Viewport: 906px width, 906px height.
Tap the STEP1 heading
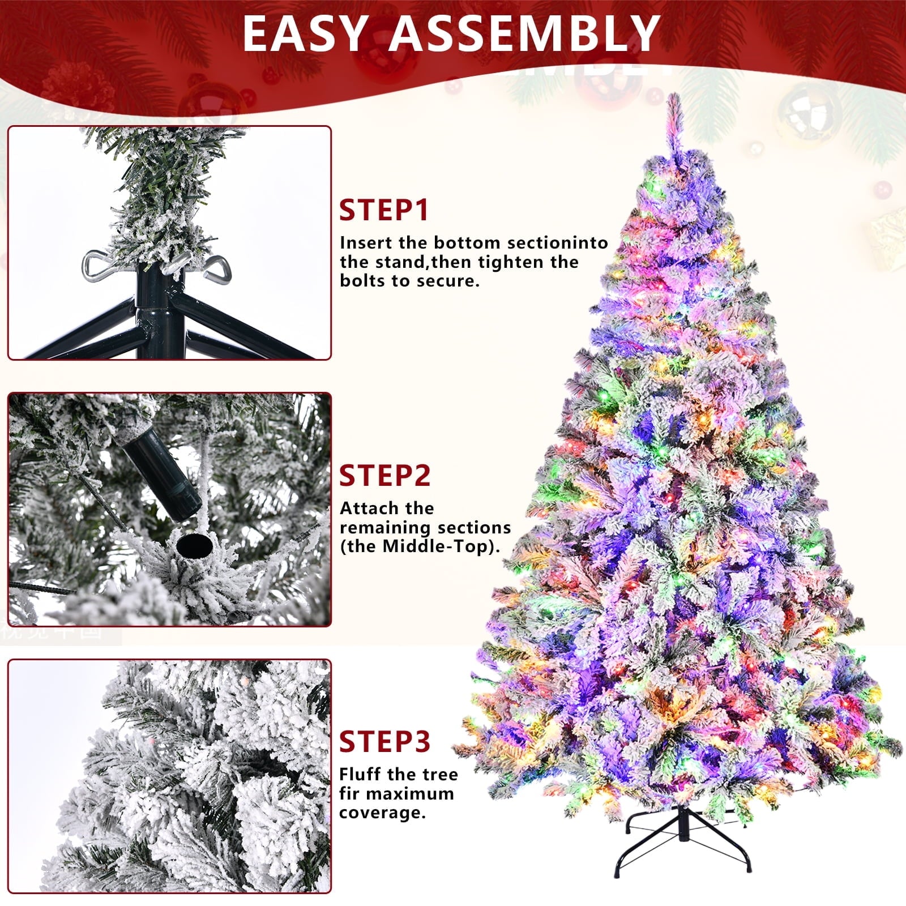pyautogui.click(x=384, y=210)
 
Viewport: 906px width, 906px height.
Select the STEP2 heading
pyautogui.click(x=385, y=476)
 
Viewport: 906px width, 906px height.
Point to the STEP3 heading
pyautogui.click(x=385, y=741)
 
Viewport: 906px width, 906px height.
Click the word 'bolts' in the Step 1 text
pyautogui.click(x=363, y=281)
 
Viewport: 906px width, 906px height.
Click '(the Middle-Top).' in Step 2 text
pyautogui.click(x=421, y=546)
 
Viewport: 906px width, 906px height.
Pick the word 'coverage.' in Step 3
pyautogui.click(x=382, y=813)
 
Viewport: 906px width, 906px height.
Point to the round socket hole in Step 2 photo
pyautogui.click(x=193, y=545)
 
